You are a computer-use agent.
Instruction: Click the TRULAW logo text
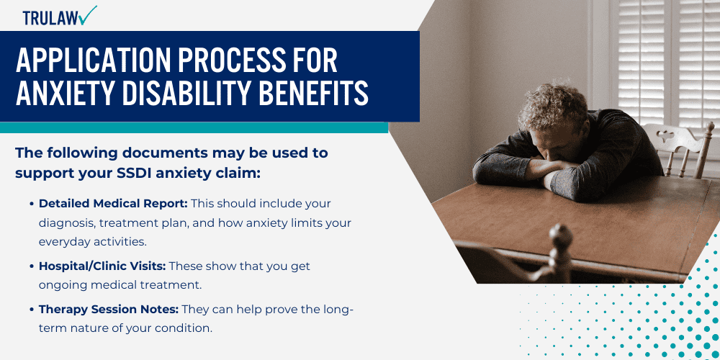pyautogui.click(x=50, y=18)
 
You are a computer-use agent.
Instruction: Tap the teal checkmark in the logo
pyautogui.click(x=87, y=15)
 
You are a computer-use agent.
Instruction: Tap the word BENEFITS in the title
pyautogui.click(x=314, y=93)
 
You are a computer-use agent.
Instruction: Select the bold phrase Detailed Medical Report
pyautogui.click(x=114, y=204)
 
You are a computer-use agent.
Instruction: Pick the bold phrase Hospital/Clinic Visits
pyautogui.click(x=102, y=266)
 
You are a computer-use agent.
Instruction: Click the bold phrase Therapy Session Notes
pyautogui.click(x=109, y=310)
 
